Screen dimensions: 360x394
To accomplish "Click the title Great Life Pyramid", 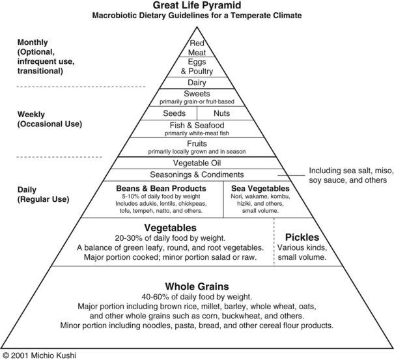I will (x=197, y=5).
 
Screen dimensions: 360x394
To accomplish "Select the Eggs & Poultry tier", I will (x=197, y=67).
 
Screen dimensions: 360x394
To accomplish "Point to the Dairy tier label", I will (x=197, y=83).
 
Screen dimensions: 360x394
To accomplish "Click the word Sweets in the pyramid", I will (x=197, y=94).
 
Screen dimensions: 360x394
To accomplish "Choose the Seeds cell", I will (x=175, y=113).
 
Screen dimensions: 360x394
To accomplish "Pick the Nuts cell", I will (x=222, y=113).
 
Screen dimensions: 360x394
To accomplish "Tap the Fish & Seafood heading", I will (x=197, y=125).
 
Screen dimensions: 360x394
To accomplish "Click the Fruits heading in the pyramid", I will (x=197, y=143).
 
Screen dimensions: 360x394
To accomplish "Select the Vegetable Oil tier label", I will (x=197, y=162).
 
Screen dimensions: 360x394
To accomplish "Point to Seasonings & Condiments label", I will (x=197, y=174).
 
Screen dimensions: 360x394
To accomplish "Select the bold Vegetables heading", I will (x=170, y=228).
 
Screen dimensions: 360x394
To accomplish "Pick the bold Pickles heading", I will (x=302, y=237).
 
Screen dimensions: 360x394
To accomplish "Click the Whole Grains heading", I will (x=197, y=286).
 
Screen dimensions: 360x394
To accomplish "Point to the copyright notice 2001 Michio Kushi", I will (x=40, y=355).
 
